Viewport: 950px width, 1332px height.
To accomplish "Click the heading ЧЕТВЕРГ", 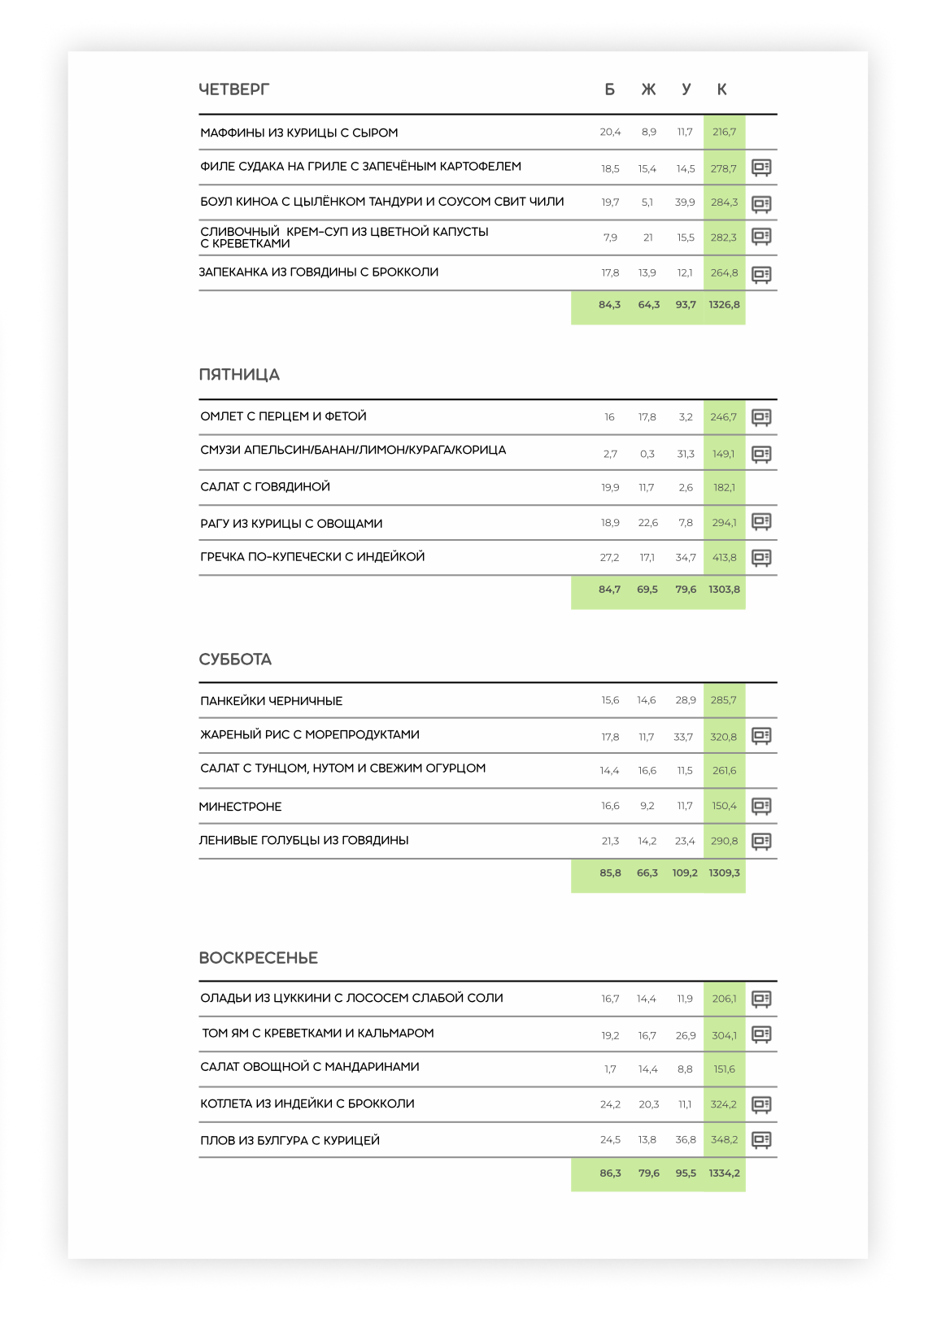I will pos(233,89).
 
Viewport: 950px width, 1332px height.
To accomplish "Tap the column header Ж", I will pos(648,89).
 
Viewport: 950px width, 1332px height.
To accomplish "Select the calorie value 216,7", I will pos(724,132).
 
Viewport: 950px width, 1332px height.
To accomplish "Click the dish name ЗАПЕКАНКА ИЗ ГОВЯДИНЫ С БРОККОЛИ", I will pos(319,272).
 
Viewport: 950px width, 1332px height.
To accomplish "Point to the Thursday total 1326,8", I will pos(724,305).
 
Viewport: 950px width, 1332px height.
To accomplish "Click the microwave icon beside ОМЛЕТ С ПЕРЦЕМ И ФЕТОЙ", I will pos(761,417).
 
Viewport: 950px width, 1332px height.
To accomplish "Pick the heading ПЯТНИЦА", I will pos(239,375).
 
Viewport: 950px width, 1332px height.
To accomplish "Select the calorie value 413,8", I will pos(724,558).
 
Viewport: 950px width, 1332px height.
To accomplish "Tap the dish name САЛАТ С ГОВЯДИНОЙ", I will pos(265,487).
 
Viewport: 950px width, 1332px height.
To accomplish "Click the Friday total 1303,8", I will pos(724,590).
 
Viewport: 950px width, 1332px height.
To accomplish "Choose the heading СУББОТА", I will pos(235,659).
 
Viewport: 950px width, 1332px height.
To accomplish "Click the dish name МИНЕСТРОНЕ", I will pos(241,807).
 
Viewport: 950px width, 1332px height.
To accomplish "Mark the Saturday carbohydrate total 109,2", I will pos(685,873).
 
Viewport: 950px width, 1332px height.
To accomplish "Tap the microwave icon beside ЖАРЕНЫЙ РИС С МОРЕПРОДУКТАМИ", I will pos(761,736).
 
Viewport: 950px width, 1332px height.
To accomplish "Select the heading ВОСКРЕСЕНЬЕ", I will pos(258,958).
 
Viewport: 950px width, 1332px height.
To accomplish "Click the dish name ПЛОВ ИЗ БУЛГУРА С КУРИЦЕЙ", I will pos(290,1141).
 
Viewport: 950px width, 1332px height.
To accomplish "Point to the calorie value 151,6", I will pos(724,1069).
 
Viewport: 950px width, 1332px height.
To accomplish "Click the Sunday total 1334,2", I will pos(724,1173).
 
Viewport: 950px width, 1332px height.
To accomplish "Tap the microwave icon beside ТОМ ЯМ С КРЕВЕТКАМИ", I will pos(761,1034).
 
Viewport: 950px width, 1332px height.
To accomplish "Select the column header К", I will pos(721,89).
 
